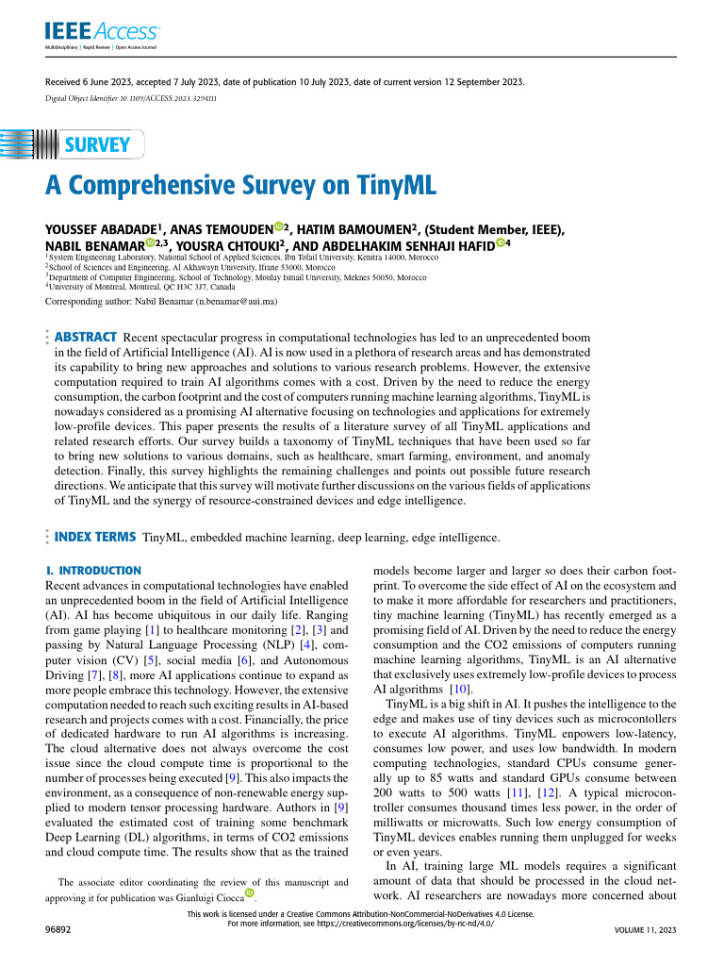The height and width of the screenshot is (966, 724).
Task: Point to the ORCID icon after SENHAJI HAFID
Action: tap(501, 244)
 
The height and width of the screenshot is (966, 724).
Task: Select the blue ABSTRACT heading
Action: tap(87, 337)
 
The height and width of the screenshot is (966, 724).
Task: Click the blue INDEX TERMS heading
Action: tap(96, 537)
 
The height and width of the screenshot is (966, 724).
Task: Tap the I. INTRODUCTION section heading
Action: tap(93, 571)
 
